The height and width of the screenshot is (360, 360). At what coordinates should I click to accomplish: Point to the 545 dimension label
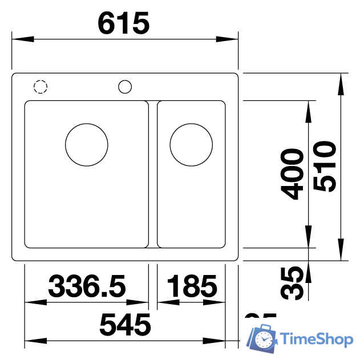coord(125,325)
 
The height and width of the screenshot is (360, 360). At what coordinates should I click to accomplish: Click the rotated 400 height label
coord(293,174)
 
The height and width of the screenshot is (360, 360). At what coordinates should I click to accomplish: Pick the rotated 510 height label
coord(325,167)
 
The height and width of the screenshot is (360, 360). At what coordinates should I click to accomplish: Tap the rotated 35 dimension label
coord(293,282)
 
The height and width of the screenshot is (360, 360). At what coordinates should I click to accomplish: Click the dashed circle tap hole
coord(41,87)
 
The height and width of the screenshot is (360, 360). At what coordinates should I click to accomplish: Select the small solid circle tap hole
coord(125,87)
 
